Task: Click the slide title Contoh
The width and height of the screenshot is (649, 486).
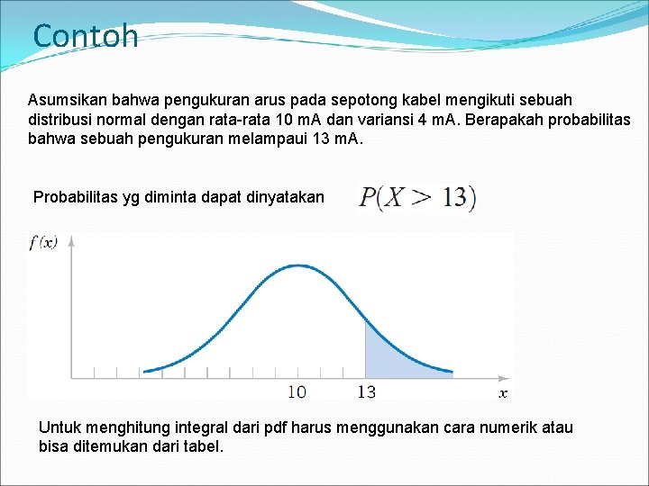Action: pyautogui.click(x=86, y=36)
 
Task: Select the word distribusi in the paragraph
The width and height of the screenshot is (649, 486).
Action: pyautogui.click(x=61, y=120)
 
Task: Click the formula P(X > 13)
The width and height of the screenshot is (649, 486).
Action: pyautogui.click(x=417, y=197)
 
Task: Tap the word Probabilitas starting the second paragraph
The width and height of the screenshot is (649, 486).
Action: pyautogui.click(x=76, y=197)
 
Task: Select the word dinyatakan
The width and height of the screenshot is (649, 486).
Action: pyautogui.click(x=285, y=197)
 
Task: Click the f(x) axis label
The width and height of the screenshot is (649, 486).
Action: pyautogui.click(x=43, y=241)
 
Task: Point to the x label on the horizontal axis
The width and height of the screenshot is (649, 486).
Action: pyautogui.click(x=503, y=392)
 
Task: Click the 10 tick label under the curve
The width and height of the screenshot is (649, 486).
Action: pyautogui.click(x=297, y=391)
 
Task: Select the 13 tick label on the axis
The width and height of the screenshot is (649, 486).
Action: pyautogui.click(x=366, y=391)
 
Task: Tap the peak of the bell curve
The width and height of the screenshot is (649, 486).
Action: pyautogui.click(x=297, y=265)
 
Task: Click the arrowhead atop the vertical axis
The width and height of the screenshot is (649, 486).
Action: pyautogui.click(x=71, y=240)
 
